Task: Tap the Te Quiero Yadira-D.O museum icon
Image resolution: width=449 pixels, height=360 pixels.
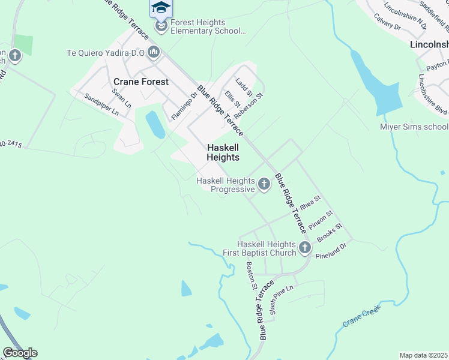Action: point(154,53)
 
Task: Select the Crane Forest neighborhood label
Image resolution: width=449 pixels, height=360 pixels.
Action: point(141,82)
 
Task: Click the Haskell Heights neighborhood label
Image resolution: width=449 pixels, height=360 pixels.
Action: point(223,152)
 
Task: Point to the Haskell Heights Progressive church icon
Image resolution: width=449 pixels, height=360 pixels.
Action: point(264,183)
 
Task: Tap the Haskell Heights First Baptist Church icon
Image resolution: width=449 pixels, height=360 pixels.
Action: point(304,247)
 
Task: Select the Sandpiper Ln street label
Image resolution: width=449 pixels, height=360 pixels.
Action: point(101,104)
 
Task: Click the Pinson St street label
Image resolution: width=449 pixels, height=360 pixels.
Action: point(321,220)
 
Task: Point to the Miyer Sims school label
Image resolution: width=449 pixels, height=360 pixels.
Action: point(414,127)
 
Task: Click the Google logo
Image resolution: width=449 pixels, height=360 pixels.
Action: point(20,353)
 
